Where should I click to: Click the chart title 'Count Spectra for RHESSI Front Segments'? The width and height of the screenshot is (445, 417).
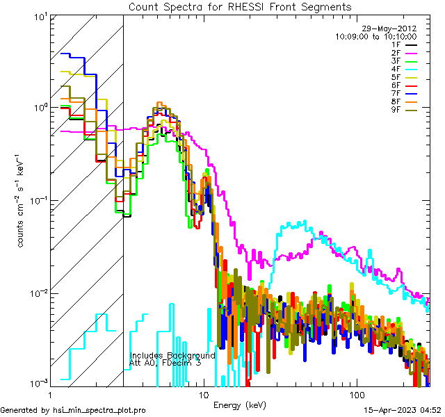[240, 7]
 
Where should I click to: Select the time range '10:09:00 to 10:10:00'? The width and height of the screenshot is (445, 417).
[375, 36]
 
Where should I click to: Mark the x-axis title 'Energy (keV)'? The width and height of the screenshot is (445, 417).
[240, 405]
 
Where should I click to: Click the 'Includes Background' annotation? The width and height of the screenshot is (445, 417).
[172, 356]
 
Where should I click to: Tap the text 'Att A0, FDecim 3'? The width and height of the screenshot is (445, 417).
[166, 363]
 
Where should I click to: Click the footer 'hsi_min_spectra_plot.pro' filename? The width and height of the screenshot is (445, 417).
[99, 410]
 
